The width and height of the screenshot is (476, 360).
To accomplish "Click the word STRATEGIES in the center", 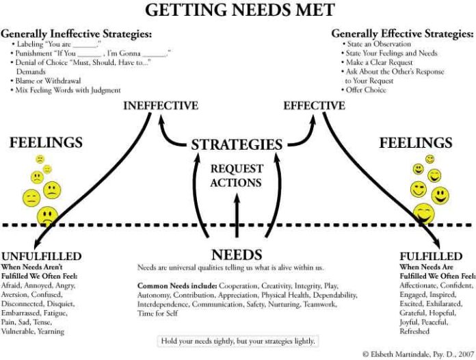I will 237,144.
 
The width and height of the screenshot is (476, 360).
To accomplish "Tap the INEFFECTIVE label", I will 161,106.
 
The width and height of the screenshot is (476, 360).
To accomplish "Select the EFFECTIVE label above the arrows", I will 315,106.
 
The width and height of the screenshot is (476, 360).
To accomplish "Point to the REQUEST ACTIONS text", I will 236,176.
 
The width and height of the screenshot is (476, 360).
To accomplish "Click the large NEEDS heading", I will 237,254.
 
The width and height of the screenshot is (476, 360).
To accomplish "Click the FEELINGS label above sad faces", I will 46,143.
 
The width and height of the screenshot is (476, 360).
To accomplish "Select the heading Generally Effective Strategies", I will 399,33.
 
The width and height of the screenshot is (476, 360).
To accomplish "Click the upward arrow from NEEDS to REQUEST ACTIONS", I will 237,216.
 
